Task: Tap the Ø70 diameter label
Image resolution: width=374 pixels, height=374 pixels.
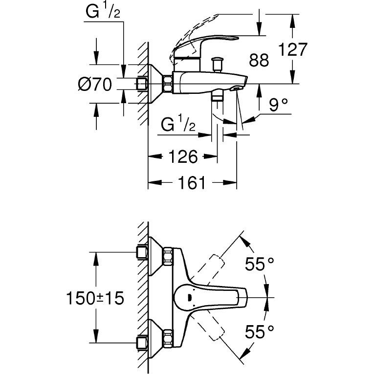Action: (x=95, y=85)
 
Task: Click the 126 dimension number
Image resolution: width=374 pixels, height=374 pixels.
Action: (x=182, y=157)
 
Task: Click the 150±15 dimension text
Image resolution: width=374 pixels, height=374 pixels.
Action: (x=95, y=298)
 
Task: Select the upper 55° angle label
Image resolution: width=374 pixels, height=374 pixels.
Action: (x=259, y=265)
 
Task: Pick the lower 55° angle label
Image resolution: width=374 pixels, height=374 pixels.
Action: (x=259, y=333)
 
